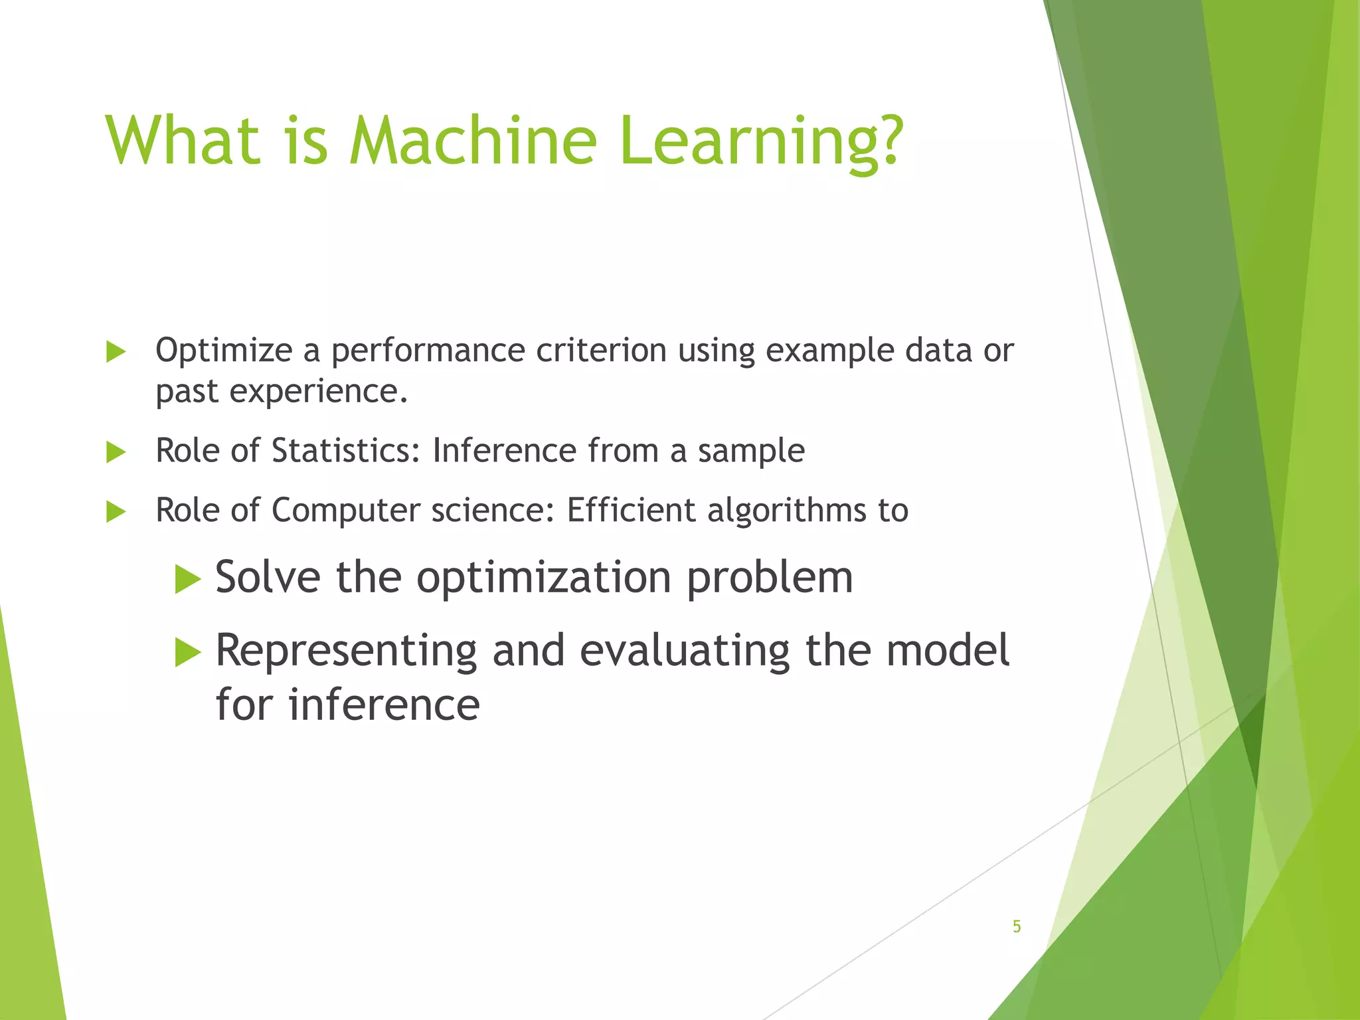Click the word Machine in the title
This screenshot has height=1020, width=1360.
(x=473, y=141)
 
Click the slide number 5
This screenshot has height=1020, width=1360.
(x=1017, y=926)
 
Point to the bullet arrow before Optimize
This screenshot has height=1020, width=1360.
(x=116, y=352)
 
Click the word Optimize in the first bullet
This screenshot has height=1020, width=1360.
(x=224, y=351)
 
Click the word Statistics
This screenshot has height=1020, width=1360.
(x=345, y=450)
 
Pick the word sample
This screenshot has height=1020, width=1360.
(x=751, y=452)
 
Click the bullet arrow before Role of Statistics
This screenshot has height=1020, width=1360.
(x=116, y=453)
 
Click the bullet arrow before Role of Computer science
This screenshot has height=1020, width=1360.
(x=116, y=512)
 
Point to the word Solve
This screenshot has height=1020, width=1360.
(x=268, y=576)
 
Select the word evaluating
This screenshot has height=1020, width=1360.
(x=685, y=651)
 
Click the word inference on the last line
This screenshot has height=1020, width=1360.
(x=384, y=705)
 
